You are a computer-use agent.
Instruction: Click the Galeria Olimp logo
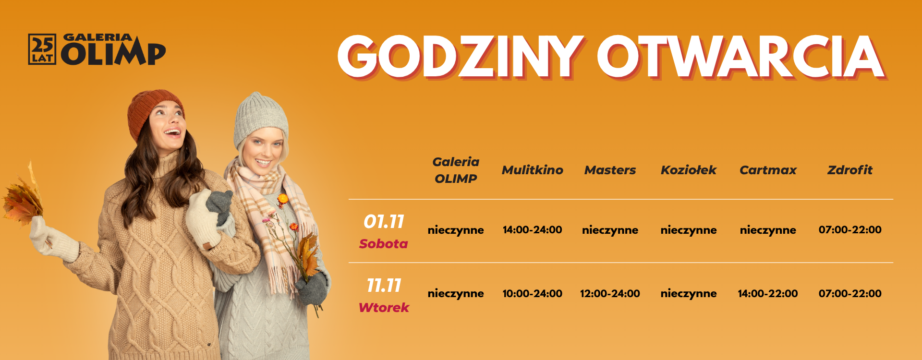97,49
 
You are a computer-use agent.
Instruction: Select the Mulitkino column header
532,170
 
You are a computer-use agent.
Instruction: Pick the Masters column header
610,170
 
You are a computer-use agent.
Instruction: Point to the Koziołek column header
688,170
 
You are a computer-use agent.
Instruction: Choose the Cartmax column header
767,170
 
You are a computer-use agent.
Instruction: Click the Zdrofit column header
849,170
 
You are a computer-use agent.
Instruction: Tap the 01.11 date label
384,222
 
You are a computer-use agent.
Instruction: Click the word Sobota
383,244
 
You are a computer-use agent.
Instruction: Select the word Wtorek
384,308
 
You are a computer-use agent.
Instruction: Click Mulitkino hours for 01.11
532,230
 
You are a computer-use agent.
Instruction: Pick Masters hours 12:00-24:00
610,293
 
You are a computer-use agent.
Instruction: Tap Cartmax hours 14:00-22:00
767,293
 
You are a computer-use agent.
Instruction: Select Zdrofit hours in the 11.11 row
849,293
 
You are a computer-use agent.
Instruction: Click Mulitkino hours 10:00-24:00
532,293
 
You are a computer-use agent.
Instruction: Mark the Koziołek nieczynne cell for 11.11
688,293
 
